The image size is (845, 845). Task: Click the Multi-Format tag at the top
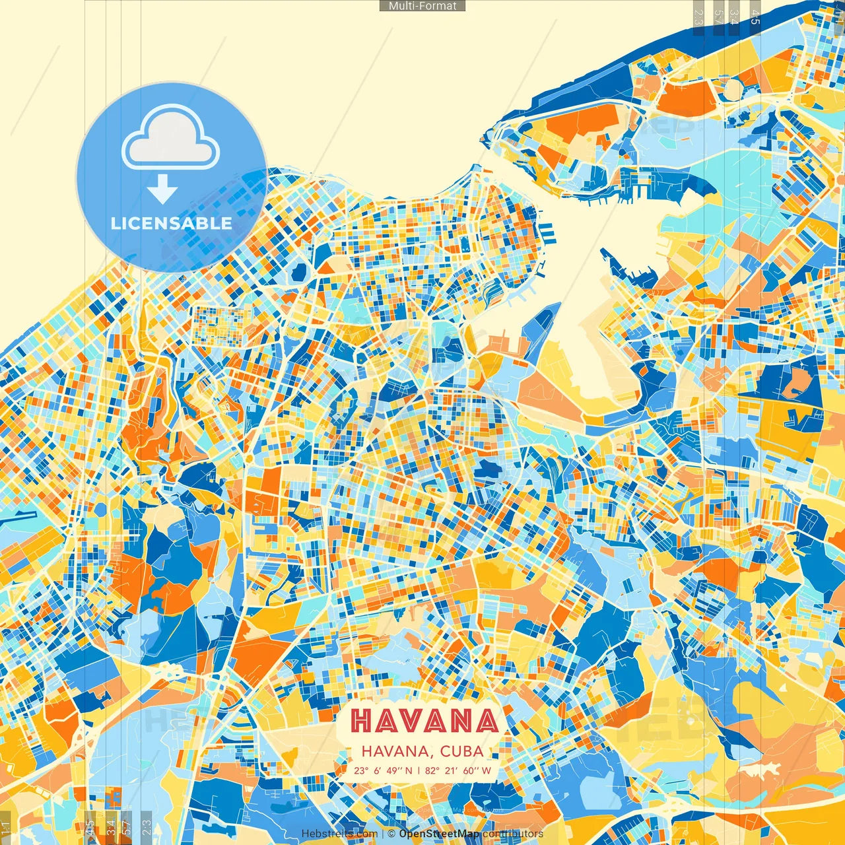pos(422,6)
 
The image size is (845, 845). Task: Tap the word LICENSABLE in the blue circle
pos(172,223)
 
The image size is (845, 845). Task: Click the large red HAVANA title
pos(424,721)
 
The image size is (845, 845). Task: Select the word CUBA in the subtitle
pos(462,751)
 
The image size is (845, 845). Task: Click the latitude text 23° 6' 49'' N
pos(383,770)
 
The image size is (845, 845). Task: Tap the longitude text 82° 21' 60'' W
pos(458,770)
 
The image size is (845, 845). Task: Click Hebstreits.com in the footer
pos(339,834)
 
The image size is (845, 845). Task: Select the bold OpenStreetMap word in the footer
pos(439,834)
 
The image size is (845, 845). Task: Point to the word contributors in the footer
pos(513,834)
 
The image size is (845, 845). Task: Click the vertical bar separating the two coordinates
pos(419,770)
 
